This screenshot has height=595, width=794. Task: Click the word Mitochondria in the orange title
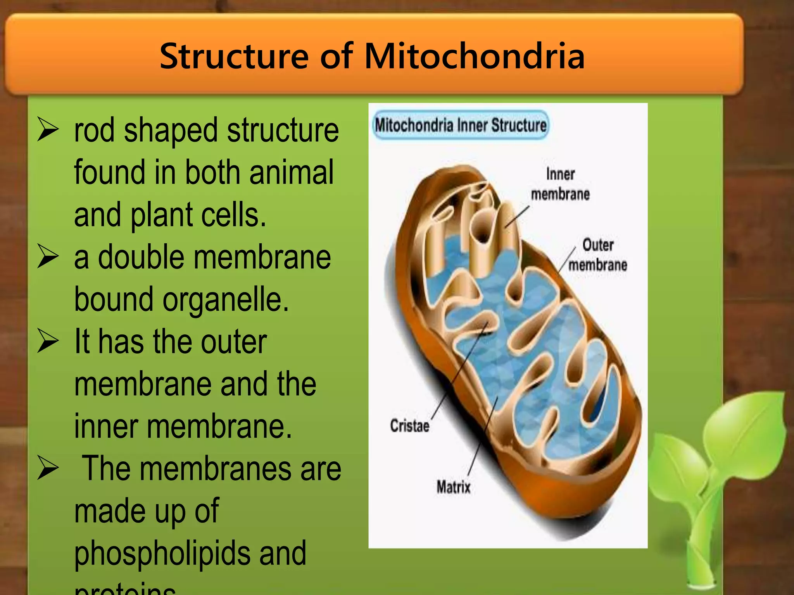474,56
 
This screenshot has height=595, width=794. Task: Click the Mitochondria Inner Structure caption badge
460,125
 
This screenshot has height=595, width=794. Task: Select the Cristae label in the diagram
409,426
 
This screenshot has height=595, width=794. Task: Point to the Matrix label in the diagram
453,487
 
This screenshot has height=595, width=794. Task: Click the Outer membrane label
597,255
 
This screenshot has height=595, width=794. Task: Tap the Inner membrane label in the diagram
560,184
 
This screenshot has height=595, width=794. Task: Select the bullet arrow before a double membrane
48,257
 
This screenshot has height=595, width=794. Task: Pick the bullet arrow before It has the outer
48,342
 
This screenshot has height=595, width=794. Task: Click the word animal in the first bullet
291,172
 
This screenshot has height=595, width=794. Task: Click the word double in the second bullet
141,257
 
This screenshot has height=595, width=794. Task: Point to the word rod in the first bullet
94,130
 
